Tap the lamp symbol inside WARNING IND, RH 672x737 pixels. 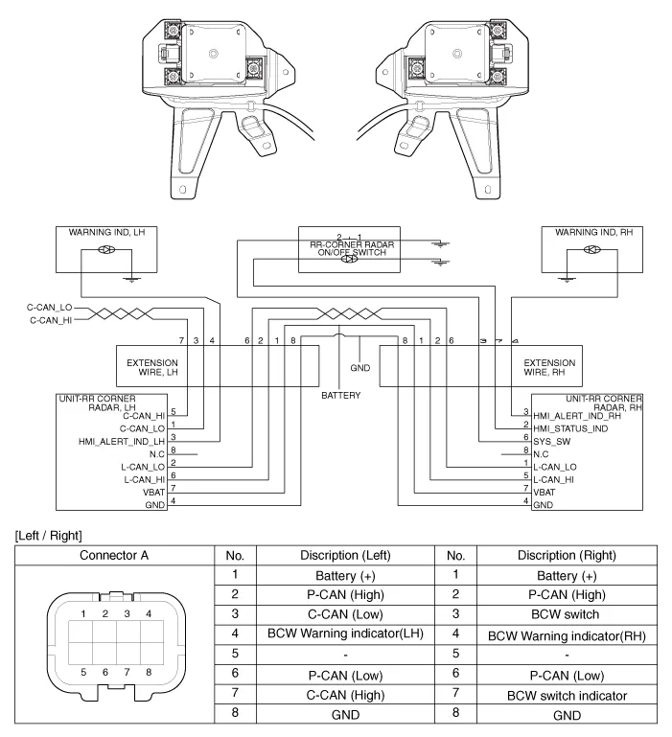pyautogui.click(x=592, y=252)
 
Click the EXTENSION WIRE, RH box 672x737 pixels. pyautogui.click(x=549, y=366)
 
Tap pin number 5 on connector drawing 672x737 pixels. pyautogui.click(x=83, y=673)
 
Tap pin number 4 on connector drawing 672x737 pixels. pyautogui.click(x=147, y=612)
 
